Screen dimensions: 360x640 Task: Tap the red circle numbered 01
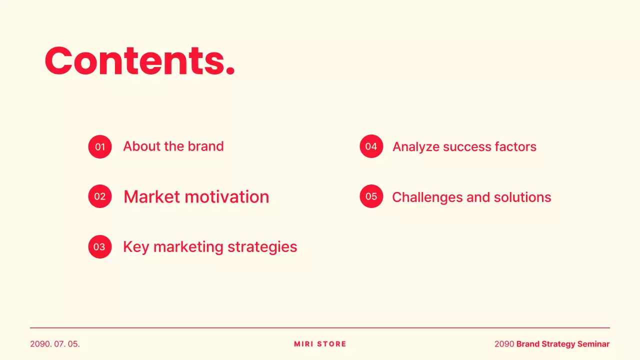click(x=100, y=147)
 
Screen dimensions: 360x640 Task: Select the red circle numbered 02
click(x=100, y=196)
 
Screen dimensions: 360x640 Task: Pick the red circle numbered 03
click(x=100, y=246)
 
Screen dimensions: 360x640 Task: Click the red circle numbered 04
click(x=371, y=146)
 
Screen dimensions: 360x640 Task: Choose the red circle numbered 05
click(x=371, y=196)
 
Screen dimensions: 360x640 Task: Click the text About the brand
click(x=173, y=146)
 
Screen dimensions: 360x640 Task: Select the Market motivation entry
click(x=196, y=197)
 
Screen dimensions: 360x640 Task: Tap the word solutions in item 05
click(x=522, y=197)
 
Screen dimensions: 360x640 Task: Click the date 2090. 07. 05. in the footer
click(x=55, y=344)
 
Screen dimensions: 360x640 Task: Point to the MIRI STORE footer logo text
click(x=320, y=344)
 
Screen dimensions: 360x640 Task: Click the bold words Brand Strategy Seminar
click(x=563, y=344)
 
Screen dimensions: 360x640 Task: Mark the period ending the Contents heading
click(x=230, y=72)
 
